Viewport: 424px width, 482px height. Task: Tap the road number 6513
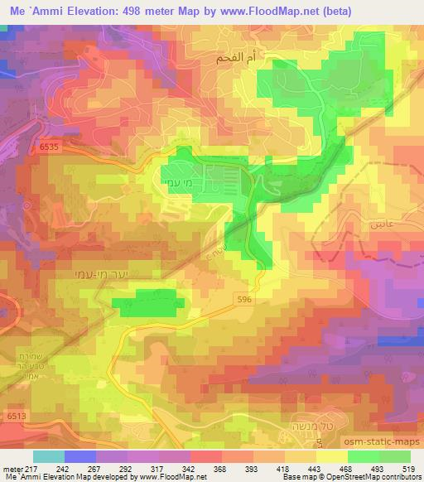coord(17,415)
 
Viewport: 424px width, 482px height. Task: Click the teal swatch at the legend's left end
coord(49,456)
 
